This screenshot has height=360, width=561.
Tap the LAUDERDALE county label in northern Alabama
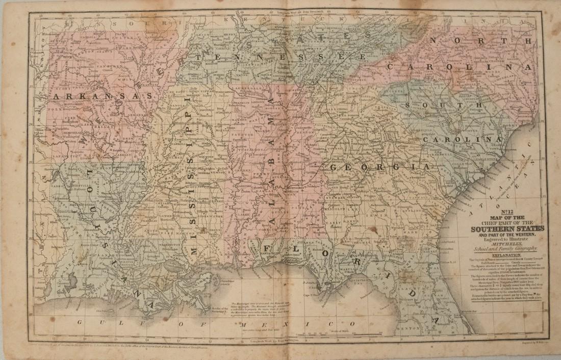(247, 88)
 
